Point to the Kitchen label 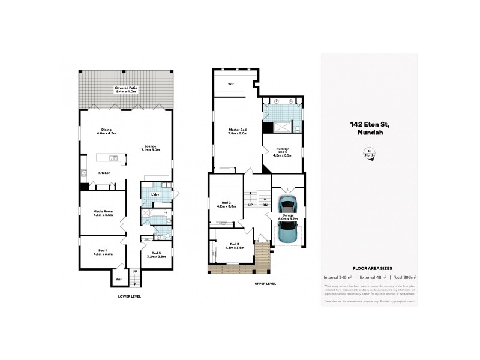[x=105, y=173]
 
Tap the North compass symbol [x=370, y=152]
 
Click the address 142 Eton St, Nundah [x=370, y=128]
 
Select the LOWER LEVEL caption [x=129, y=296]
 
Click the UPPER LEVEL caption [x=265, y=283]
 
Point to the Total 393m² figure [x=404, y=278]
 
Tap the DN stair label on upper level [x=265, y=205]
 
